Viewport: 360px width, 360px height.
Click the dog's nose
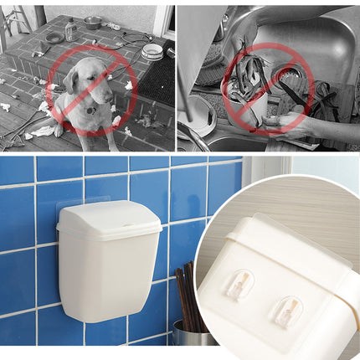[x=98, y=94]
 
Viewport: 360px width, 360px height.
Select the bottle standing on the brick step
[x=71, y=30]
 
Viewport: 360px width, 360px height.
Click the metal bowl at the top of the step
[x=93, y=23]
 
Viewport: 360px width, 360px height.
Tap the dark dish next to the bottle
[x=54, y=38]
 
